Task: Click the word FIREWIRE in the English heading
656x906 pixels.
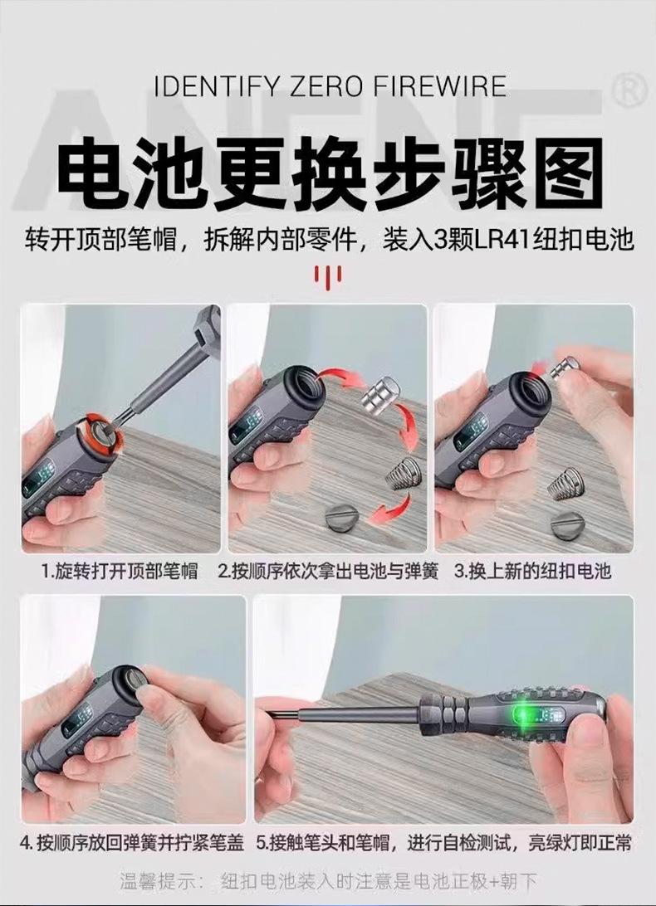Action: pos(439,85)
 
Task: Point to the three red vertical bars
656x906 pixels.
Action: pos(328,277)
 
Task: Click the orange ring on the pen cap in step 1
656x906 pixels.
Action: pos(105,434)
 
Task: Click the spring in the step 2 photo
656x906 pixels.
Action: pos(401,473)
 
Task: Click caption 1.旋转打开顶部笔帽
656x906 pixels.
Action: pos(120,572)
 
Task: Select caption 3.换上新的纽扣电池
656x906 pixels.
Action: pos(533,572)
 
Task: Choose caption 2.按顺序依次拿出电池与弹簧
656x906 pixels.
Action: pos(328,572)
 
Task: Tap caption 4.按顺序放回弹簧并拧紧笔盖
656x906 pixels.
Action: pos(133,843)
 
